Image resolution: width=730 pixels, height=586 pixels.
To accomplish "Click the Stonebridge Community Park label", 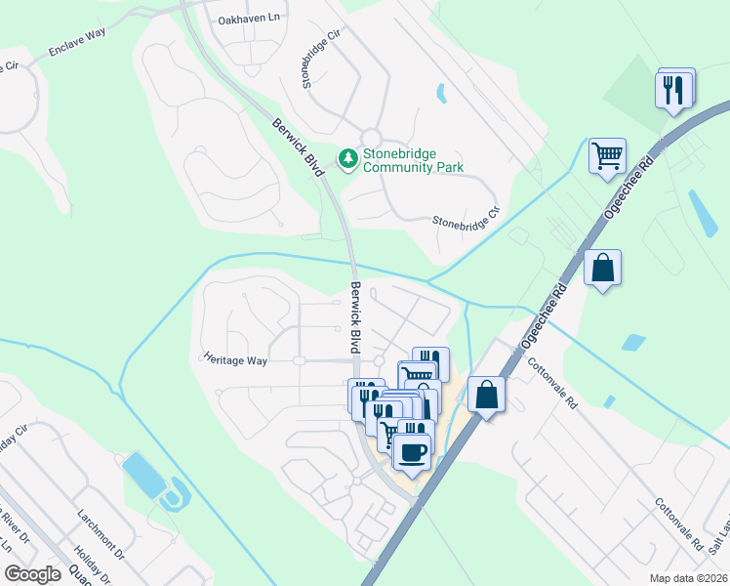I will (x=413, y=160).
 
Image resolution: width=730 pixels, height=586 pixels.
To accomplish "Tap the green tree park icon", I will (x=347, y=157).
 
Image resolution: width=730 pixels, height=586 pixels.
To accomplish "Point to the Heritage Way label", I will (x=235, y=360).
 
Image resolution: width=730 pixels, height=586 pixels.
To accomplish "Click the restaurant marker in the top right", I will (x=674, y=90).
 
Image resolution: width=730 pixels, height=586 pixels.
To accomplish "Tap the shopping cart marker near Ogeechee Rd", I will (x=607, y=154).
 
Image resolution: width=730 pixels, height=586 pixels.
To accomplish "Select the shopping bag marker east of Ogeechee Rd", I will (x=602, y=267).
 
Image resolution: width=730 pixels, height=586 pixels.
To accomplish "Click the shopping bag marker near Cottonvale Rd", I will (x=486, y=395).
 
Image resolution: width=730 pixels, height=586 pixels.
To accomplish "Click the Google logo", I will (x=32, y=574).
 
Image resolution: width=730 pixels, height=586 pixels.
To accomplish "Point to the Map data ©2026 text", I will (x=689, y=578).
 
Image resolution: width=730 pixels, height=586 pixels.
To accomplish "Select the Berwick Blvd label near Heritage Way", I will (x=355, y=318).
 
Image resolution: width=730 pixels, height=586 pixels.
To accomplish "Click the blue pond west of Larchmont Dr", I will (x=143, y=474).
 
